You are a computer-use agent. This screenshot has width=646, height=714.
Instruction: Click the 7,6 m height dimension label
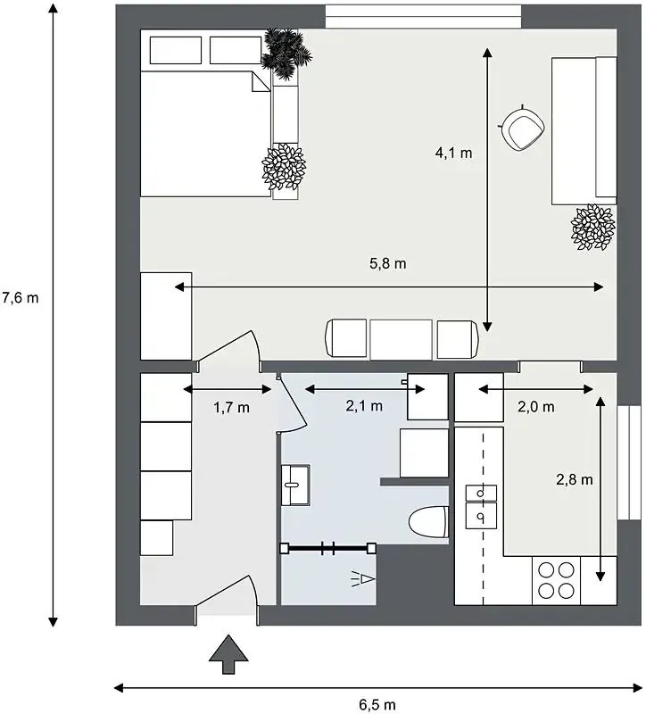tap(21, 298)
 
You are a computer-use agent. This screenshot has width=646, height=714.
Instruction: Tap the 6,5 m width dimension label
tap(377, 705)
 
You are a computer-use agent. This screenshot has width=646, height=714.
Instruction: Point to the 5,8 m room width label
tap(388, 263)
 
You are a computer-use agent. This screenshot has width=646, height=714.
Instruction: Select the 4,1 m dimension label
tap(453, 153)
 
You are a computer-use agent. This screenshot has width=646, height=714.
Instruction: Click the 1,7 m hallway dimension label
tap(231, 407)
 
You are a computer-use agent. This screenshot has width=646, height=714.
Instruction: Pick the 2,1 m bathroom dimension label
tap(364, 406)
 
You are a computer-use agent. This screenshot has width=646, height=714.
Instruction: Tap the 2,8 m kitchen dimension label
tap(575, 479)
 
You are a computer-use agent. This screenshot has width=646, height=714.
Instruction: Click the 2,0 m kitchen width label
tap(536, 407)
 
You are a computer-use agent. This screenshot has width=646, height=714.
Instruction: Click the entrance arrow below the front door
tap(228, 654)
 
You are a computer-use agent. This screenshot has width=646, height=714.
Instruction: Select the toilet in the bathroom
tap(428, 522)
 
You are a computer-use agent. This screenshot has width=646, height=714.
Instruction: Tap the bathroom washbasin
tap(295, 485)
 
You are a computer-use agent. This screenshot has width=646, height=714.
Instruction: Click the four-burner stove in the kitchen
tap(556, 581)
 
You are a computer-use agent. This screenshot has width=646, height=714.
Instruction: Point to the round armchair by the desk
tap(523, 128)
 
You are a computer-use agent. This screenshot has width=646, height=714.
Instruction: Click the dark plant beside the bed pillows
tap(286, 54)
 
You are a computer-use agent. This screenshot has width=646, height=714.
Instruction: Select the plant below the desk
tap(592, 228)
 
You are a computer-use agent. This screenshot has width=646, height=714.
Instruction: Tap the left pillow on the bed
tap(176, 50)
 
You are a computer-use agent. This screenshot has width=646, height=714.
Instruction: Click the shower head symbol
tap(363, 579)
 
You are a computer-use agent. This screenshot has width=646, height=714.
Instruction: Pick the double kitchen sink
tap(481, 507)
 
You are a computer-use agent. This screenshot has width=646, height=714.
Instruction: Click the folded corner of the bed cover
tap(261, 82)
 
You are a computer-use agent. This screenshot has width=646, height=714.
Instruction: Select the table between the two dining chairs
tap(401, 339)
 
